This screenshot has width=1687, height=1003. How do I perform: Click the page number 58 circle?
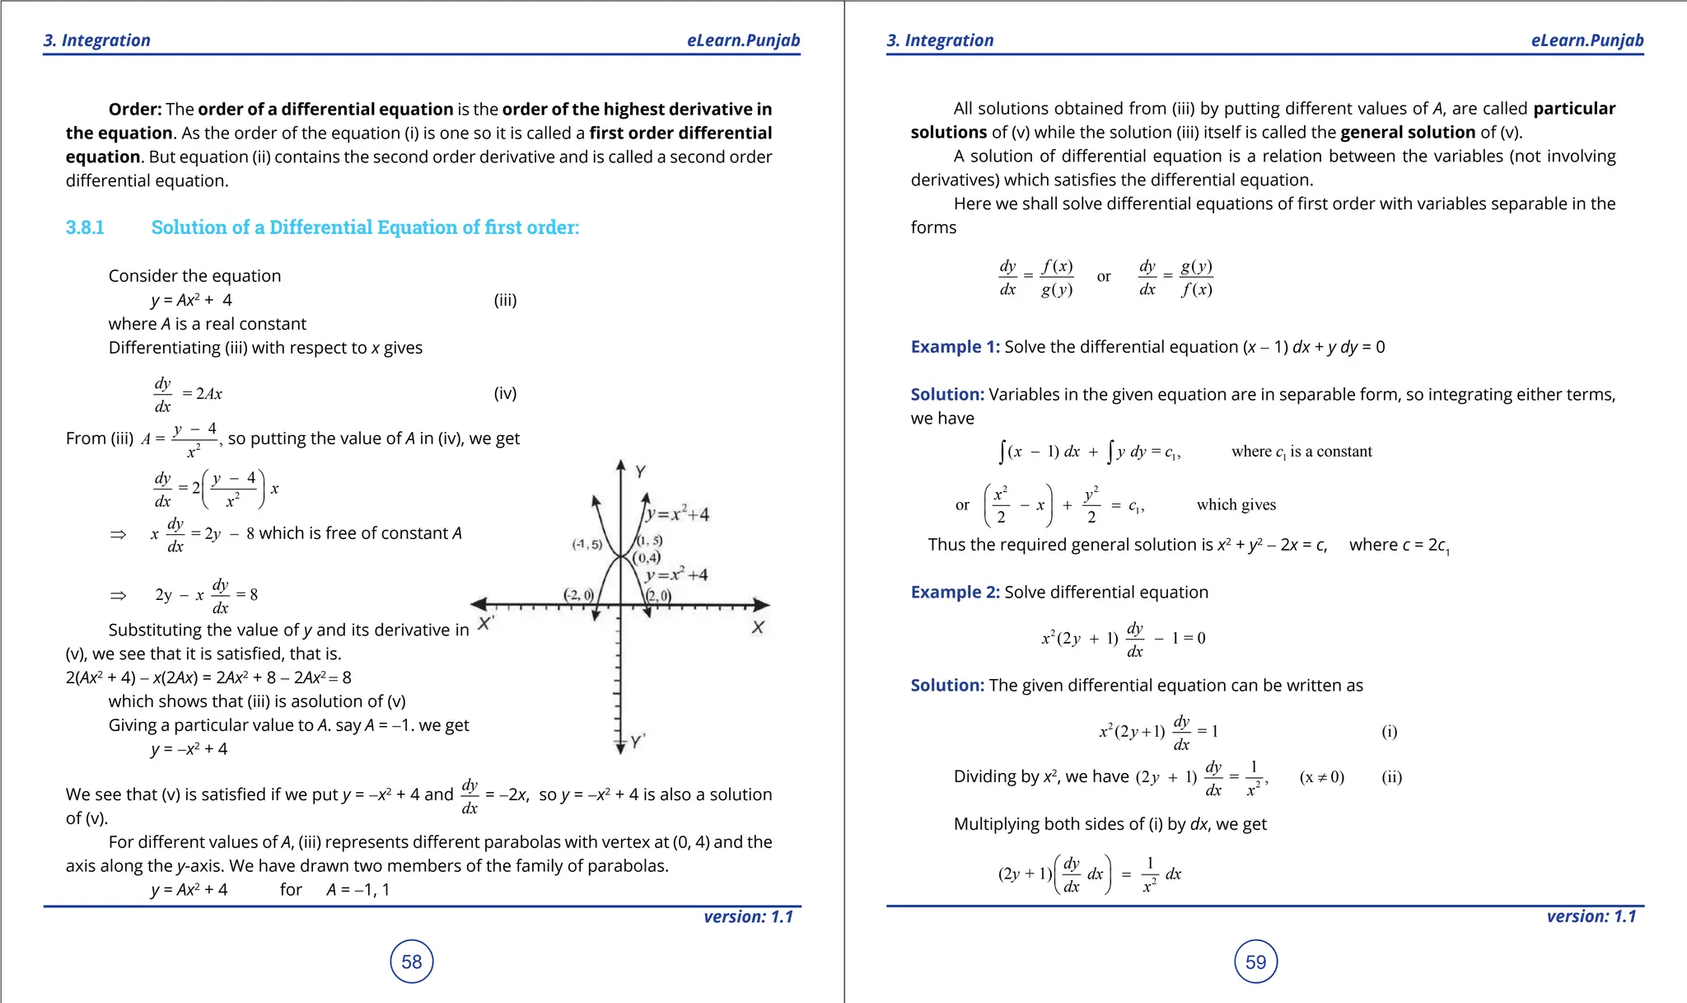pos(411,961)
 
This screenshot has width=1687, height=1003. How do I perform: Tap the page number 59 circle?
pos(1255,961)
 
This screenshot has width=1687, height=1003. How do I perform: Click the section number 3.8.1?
pos(85,227)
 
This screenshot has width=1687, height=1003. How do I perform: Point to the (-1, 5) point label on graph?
pos(586,545)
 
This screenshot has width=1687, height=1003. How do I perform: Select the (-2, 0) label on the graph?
pos(577,594)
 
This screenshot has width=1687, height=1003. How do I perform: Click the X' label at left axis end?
pos(485,624)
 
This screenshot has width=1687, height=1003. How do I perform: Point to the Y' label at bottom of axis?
pos(638,741)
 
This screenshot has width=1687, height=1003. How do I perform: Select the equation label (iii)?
pos(505,300)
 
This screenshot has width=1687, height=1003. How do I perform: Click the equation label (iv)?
pos(505,393)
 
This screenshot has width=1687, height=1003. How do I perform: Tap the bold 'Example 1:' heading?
pos(955,347)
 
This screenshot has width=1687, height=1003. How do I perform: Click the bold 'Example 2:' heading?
pos(955,593)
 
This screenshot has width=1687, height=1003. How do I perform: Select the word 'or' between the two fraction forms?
pos(1104,277)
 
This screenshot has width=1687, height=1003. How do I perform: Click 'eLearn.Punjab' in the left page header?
pos(743,40)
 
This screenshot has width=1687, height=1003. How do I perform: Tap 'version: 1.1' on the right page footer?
pos(1591,916)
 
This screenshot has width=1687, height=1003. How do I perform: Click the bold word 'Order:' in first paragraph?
pos(135,110)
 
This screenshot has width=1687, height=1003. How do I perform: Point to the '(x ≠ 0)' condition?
pos(1321,777)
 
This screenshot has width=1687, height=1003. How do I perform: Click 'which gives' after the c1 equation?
pos(1236,505)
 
